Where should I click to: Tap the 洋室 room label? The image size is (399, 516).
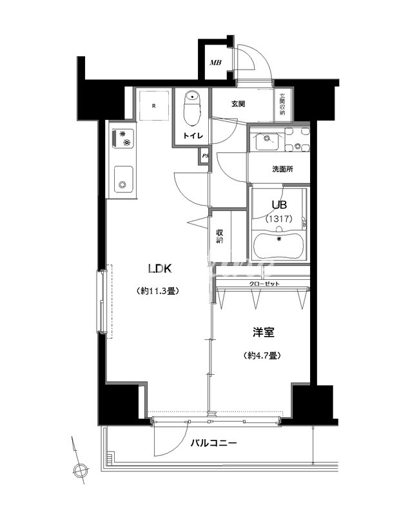[264, 333]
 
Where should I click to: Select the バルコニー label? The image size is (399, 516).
[214, 443]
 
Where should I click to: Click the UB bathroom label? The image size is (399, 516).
[279, 204]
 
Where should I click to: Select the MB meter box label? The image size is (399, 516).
[215, 63]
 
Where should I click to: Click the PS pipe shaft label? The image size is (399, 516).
[205, 156]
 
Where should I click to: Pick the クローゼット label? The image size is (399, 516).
[262, 284]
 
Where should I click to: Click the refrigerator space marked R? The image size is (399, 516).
[153, 105]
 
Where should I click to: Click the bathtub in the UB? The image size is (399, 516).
[278, 244]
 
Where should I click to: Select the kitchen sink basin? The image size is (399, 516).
[122, 179]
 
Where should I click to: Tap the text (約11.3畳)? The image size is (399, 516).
[159, 290]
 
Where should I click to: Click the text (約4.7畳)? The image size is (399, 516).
[263, 355]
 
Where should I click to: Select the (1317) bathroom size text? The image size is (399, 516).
[279, 219]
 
